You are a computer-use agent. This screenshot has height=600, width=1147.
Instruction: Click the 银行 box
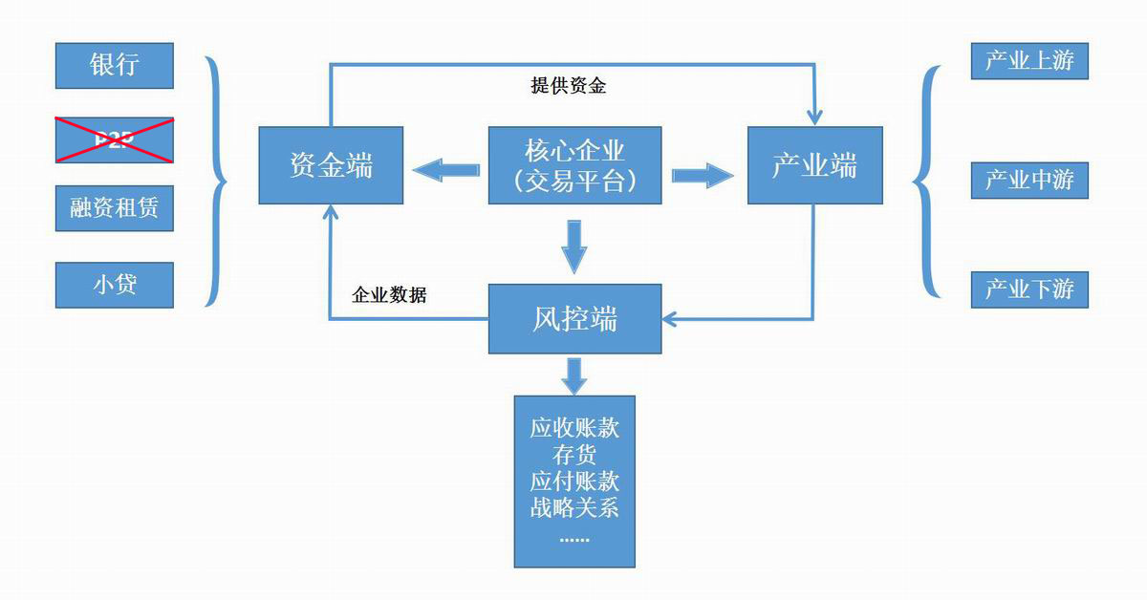115,66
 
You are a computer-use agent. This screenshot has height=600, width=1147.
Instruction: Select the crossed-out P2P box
115,140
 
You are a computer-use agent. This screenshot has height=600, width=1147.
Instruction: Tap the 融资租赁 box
115,208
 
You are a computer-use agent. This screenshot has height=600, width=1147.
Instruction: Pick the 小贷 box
115,285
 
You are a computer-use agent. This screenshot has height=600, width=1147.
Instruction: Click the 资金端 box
331,165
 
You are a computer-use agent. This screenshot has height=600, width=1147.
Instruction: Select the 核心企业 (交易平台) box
574,165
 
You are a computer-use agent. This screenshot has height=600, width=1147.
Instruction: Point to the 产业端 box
814,165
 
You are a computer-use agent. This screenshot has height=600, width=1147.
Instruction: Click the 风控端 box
574,318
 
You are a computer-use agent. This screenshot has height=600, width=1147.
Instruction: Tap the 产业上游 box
1029,61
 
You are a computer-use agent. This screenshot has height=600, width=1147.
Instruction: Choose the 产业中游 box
1029,180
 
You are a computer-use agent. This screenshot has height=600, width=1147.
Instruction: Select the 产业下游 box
1029,289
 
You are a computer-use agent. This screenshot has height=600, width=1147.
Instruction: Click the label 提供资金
568,86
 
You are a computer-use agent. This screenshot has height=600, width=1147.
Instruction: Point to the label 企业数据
389,295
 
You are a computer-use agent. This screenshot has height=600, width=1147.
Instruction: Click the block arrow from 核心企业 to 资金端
445,171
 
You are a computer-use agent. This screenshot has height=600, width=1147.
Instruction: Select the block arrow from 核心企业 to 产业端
702,175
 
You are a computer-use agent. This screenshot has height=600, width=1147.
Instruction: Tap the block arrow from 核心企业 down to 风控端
573,246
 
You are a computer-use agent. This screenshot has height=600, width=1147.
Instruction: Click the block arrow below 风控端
573,375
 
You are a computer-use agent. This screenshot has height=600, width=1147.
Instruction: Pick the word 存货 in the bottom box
574,454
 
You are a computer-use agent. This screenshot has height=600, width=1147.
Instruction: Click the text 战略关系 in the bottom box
574,507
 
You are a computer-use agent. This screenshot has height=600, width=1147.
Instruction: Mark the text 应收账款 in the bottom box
574,427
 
